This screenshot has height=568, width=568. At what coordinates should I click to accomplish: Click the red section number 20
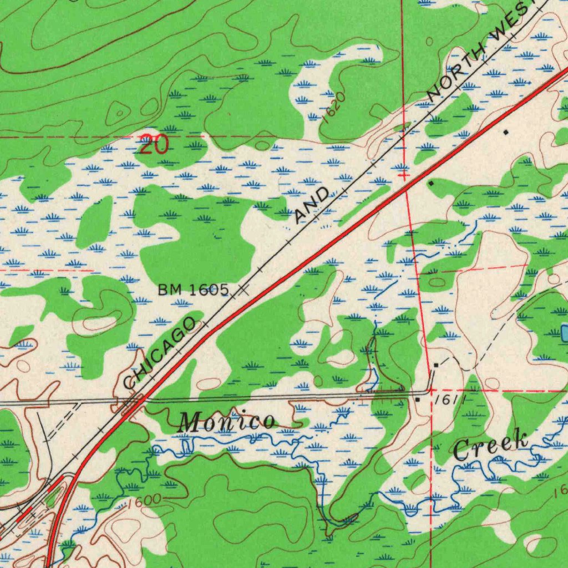click(x=153, y=144)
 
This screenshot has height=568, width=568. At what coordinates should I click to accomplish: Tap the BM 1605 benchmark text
click(x=193, y=289)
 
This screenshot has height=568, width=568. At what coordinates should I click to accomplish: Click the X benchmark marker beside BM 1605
click(x=242, y=290)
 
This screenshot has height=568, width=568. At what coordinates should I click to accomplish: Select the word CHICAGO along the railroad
click(x=160, y=353)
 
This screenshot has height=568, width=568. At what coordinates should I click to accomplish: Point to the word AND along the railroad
click(x=312, y=206)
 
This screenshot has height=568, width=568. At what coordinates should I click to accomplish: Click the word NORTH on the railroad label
click(x=456, y=73)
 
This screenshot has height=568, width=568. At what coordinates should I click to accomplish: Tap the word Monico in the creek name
click(x=227, y=423)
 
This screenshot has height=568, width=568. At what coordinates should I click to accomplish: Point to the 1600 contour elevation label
click(x=143, y=502)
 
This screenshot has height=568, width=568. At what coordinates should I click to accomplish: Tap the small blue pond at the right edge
click(x=564, y=333)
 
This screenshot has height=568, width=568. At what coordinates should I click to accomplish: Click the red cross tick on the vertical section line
click(x=404, y=175)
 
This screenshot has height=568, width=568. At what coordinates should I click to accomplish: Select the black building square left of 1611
click(x=418, y=398)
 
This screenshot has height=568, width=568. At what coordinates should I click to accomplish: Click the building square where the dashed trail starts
click(x=437, y=365)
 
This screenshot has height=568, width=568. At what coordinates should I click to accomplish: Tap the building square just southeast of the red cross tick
click(x=431, y=182)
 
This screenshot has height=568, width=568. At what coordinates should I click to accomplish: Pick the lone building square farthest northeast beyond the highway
click(x=505, y=132)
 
